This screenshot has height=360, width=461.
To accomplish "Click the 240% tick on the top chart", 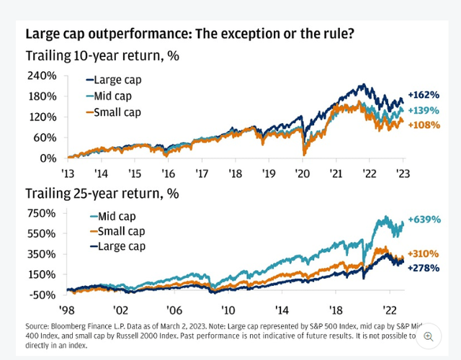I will coord(42,76).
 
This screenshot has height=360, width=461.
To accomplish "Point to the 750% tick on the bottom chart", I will coord(42,213).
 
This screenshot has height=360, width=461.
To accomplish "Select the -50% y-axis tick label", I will coord(43,295).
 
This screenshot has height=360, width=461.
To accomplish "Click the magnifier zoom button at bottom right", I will coord(429,336).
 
